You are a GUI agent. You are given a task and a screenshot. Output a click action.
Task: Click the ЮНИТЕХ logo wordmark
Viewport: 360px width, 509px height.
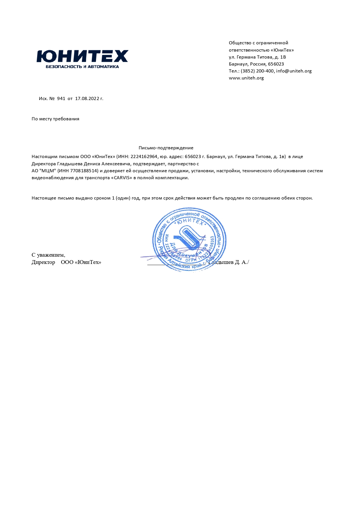[x=82, y=56]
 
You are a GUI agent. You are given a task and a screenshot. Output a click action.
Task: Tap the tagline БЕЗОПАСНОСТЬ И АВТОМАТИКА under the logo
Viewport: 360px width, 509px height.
[x=82, y=67]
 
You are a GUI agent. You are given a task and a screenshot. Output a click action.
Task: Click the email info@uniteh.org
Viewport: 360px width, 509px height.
[x=294, y=71]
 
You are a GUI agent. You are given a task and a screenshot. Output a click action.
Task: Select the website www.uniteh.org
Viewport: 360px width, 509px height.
[x=246, y=78]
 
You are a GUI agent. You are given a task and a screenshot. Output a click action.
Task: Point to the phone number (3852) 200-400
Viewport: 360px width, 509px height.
[x=257, y=71]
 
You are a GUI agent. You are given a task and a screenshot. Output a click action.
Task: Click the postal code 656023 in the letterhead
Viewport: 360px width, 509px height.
[x=276, y=64]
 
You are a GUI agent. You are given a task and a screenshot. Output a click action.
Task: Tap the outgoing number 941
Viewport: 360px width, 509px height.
[x=61, y=99]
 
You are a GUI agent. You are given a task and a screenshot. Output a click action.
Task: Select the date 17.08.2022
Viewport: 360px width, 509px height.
[x=87, y=99]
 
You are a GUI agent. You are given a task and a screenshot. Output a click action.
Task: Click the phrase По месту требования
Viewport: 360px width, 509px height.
[x=55, y=119]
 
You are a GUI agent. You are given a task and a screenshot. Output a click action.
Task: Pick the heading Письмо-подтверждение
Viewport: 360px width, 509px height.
[x=166, y=148]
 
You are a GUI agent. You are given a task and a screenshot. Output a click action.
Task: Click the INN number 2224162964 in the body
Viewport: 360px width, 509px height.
[x=144, y=157]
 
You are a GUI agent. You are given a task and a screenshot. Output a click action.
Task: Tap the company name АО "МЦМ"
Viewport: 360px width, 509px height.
[x=43, y=171]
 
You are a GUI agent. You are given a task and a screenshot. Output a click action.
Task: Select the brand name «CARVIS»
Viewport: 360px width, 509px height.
[x=122, y=178]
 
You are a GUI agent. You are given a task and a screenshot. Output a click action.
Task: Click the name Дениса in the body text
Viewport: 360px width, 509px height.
[x=92, y=164]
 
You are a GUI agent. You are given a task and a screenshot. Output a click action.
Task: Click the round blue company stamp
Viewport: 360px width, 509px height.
[x=189, y=240]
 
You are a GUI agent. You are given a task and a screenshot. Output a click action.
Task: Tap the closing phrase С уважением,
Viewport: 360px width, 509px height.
[x=48, y=255]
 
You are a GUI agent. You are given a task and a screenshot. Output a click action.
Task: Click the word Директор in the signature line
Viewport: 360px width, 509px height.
[x=43, y=262]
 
